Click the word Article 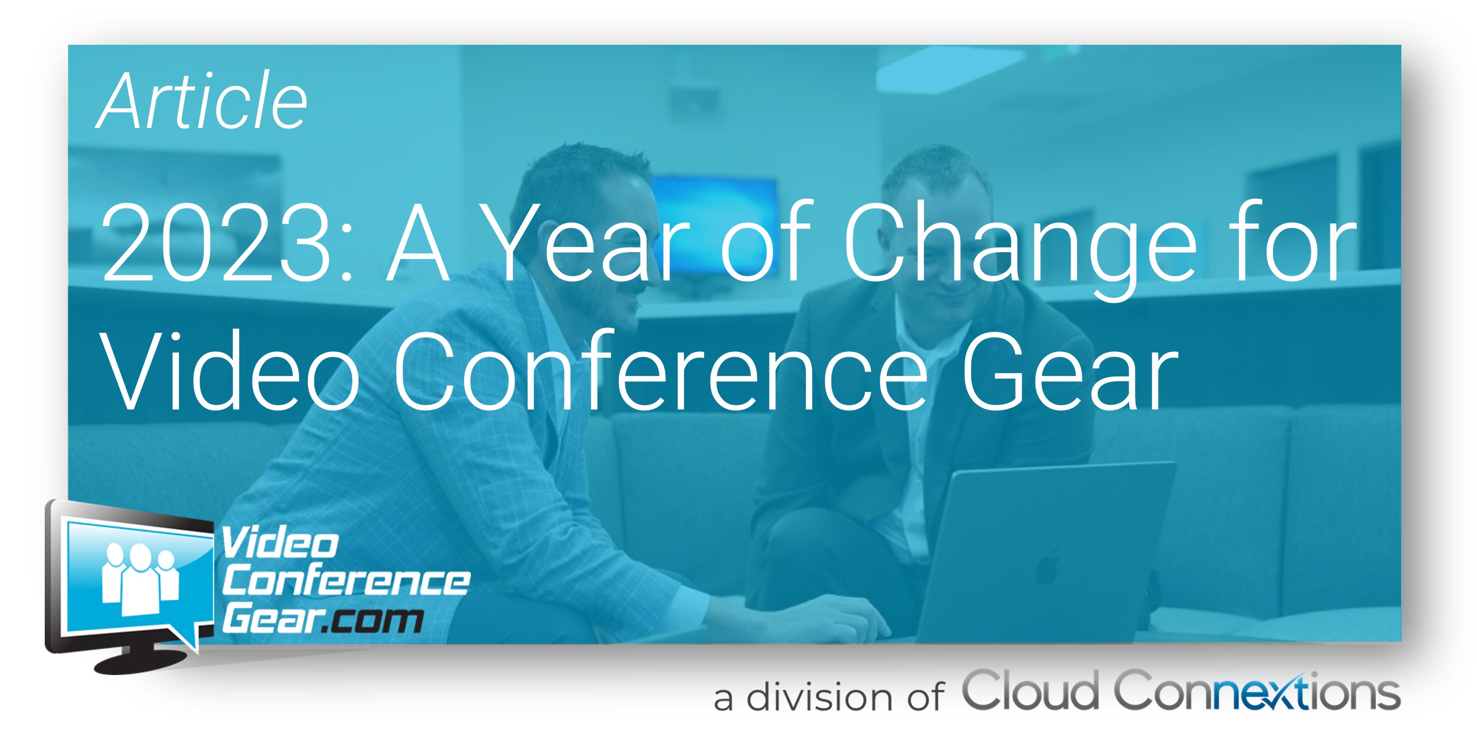[202, 101]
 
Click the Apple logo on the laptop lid [1047, 566]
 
